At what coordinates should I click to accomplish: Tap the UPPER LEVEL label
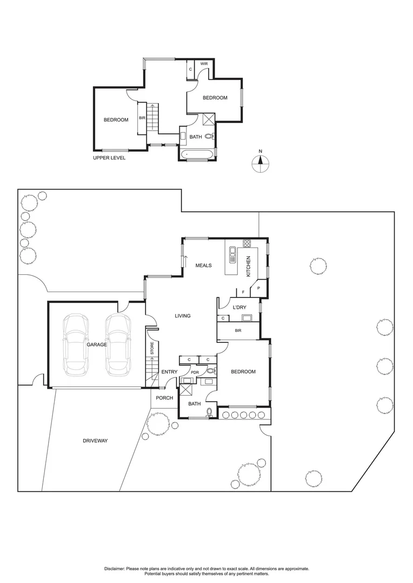pyautogui.click(x=109, y=158)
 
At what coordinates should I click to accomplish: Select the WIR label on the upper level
pyautogui.click(x=204, y=64)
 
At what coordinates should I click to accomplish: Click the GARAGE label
pyautogui.click(x=97, y=344)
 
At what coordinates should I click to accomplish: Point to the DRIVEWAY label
pyautogui.click(x=95, y=441)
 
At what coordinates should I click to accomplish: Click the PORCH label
pyautogui.click(x=164, y=398)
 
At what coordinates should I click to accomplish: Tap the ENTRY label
pyautogui.click(x=169, y=372)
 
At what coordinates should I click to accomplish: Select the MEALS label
pyautogui.click(x=203, y=266)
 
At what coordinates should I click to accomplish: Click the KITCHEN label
pyautogui.click(x=249, y=266)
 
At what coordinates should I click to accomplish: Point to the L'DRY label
pyautogui.click(x=239, y=308)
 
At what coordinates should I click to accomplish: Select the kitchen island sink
pyautogui.click(x=234, y=254)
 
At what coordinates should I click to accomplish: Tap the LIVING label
pyautogui.click(x=182, y=316)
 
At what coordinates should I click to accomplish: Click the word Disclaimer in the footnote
pyautogui.click(x=116, y=569)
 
